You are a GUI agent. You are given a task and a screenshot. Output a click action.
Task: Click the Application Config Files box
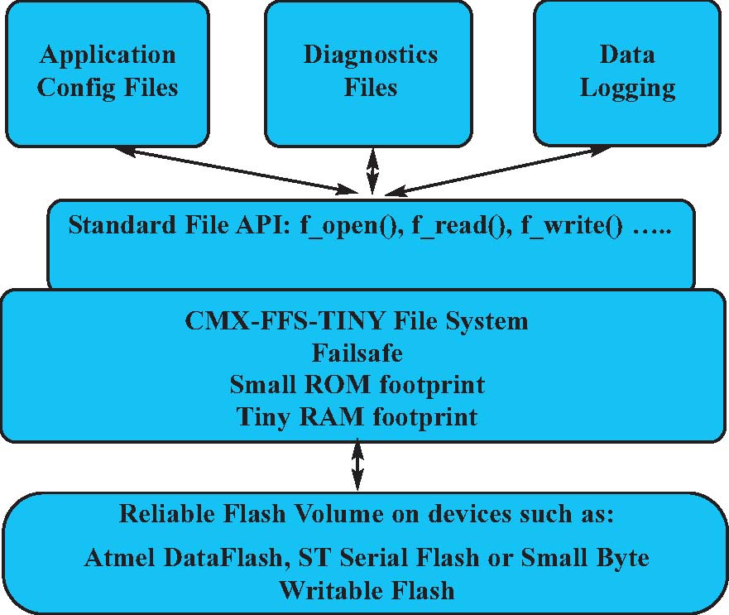pyautogui.click(x=108, y=73)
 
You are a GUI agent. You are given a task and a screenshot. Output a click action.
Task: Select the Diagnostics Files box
pyautogui.click(x=370, y=73)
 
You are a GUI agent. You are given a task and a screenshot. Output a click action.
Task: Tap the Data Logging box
pyautogui.click(x=626, y=73)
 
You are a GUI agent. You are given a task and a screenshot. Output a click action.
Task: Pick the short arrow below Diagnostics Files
pyautogui.click(x=373, y=172)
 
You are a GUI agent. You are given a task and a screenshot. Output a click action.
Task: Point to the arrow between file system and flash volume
pyautogui.click(x=357, y=467)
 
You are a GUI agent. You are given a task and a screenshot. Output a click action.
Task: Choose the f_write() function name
pyautogui.click(x=571, y=227)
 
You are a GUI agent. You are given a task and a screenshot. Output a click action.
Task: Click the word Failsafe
pyautogui.click(x=357, y=353)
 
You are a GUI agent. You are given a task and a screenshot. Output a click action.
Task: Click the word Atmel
pyautogui.click(x=117, y=558)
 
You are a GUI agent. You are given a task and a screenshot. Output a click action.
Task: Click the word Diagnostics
pyautogui.click(x=370, y=56)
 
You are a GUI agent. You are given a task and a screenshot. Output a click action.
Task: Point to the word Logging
pyautogui.click(x=626, y=89)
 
